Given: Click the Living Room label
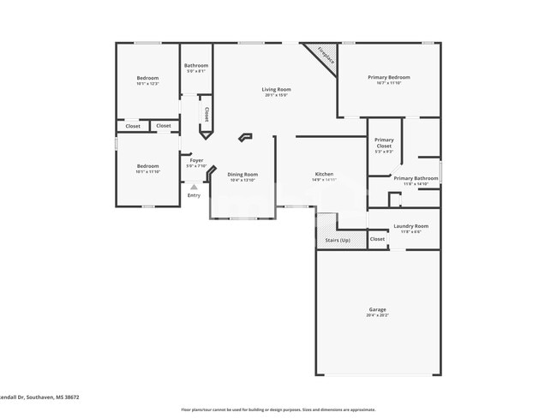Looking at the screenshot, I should pyautogui.click(x=276, y=89).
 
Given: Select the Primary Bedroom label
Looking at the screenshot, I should pyautogui.click(x=388, y=77).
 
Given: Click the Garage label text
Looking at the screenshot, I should pyautogui.click(x=377, y=309).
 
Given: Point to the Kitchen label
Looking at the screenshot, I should pyautogui.click(x=324, y=174).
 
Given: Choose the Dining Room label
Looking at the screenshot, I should pyautogui.click(x=243, y=174).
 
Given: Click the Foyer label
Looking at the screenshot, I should pyautogui.click(x=196, y=159).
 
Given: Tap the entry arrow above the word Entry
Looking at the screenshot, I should pyautogui.click(x=194, y=186).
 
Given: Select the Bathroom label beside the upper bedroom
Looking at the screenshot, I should pyautogui.click(x=195, y=66).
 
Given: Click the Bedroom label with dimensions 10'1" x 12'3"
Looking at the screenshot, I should pyautogui.click(x=147, y=78).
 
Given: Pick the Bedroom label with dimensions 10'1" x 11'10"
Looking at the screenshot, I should pyautogui.click(x=147, y=166).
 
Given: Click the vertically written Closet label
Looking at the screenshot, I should pyautogui.click(x=207, y=114).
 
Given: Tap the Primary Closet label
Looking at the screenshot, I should pyautogui.click(x=384, y=143).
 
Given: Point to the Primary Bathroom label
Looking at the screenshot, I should pyautogui.click(x=416, y=178).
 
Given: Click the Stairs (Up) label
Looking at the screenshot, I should pyautogui.click(x=338, y=240).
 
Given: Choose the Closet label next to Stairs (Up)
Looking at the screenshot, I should pyautogui.click(x=377, y=239).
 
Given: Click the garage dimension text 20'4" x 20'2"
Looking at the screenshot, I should pyautogui.click(x=377, y=315).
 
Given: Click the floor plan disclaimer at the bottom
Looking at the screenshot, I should pyautogui.click(x=278, y=409).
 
